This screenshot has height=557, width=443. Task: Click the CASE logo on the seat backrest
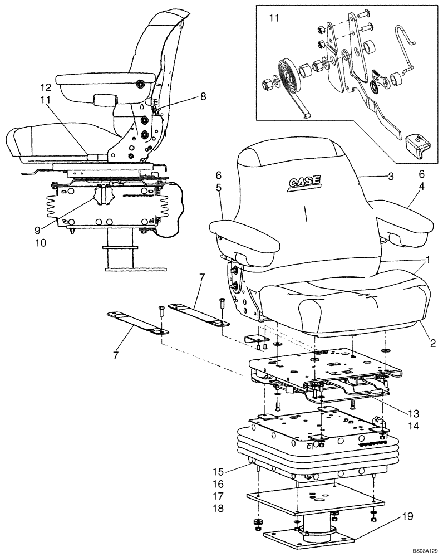303,182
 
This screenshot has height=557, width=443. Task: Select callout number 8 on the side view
203,96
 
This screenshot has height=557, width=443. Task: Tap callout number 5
219,188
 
